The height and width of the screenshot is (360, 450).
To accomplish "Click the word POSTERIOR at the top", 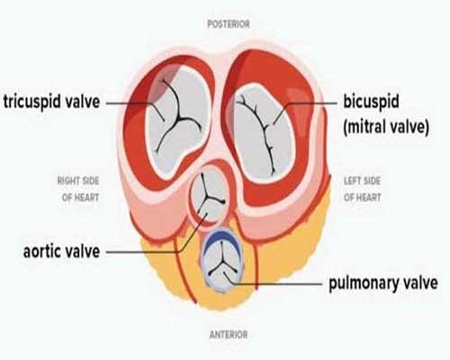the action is (x=229, y=24).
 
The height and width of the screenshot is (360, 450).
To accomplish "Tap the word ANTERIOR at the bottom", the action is (x=229, y=335).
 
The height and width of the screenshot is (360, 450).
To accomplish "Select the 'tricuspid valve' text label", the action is (x=51, y=102).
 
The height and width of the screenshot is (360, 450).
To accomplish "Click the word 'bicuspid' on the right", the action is (x=371, y=102).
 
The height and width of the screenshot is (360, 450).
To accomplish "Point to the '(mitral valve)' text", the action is (x=386, y=127).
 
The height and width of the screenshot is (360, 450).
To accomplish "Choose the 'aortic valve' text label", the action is (x=61, y=251).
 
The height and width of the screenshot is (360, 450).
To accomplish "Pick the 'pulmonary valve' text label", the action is (x=383, y=283).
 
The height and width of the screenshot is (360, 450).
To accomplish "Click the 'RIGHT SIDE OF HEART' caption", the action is (x=78, y=189).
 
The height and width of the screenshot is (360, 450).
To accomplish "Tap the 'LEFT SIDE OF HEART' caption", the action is (x=362, y=189).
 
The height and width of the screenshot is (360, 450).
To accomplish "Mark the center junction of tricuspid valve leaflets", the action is (x=179, y=120).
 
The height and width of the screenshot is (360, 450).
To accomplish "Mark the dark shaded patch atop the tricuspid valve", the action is (x=164, y=84).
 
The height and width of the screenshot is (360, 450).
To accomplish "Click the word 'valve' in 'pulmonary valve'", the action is (x=420, y=282).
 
